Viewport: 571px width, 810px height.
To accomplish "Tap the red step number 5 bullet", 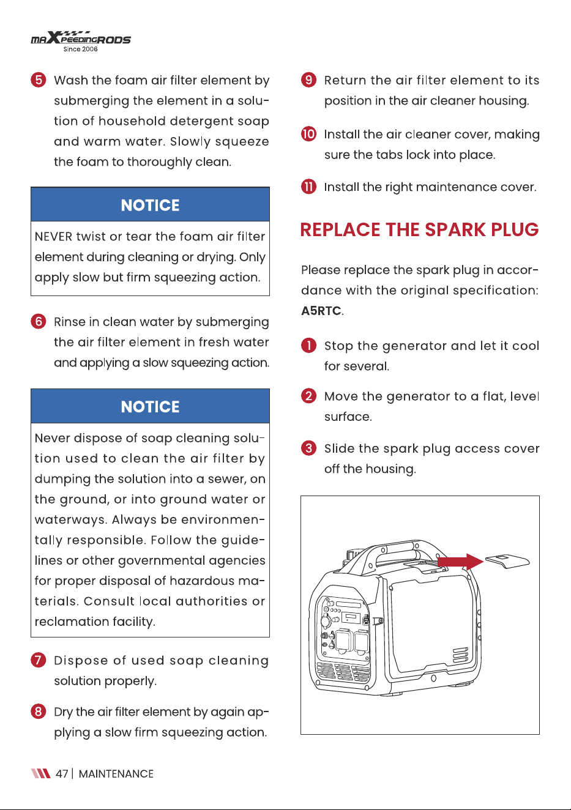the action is (x=39, y=80).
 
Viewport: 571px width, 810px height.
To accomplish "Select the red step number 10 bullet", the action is (x=308, y=134).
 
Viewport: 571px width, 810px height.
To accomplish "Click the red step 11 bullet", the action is (x=308, y=187).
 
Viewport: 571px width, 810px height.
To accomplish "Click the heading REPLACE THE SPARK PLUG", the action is (x=419, y=229).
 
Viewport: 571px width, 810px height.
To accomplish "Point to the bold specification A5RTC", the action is (x=321, y=311).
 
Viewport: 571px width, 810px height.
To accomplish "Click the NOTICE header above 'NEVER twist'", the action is (x=150, y=205).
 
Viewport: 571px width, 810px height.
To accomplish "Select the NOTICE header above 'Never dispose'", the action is (x=150, y=406).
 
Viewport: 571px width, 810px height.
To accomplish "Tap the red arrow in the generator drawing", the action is (x=460, y=562).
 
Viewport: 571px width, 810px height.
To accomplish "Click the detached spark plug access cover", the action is (x=507, y=562).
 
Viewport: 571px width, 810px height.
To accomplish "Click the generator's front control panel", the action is (x=343, y=628).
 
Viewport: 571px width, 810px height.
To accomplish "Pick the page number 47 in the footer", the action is (x=62, y=773).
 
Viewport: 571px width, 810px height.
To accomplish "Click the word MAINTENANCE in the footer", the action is (x=116, y=773).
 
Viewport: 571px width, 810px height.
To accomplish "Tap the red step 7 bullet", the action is (x=39, y=660).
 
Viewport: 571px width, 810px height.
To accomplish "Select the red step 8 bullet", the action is (x=39, y=712).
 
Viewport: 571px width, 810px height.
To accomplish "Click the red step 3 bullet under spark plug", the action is (x=308, y=448).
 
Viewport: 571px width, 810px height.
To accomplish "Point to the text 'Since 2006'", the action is (x=80, y=49).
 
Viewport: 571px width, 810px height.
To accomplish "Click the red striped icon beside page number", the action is (x=40, y=773).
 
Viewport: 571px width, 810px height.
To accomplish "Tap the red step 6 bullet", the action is (x=39, y=321).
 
